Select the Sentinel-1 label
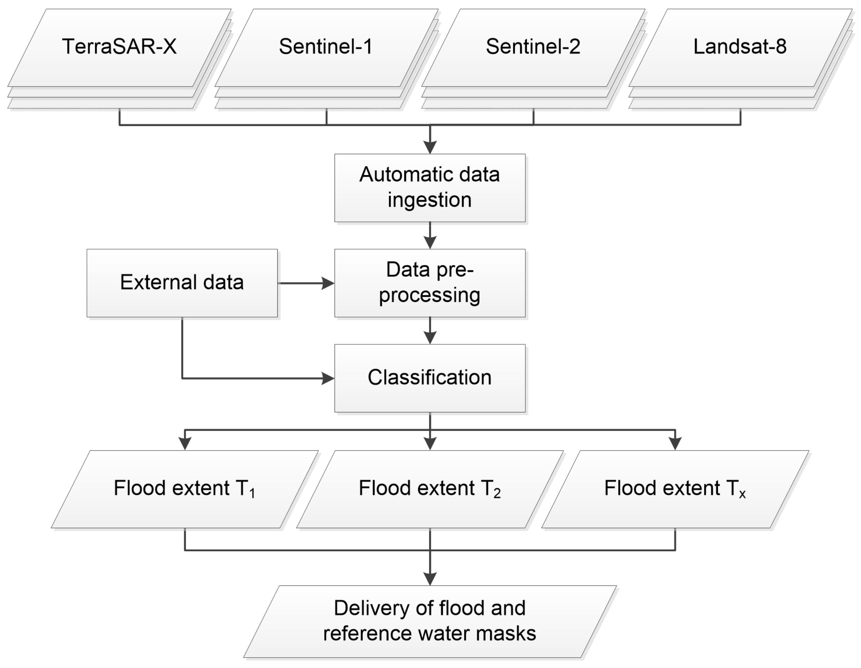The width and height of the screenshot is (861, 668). pos(326,47)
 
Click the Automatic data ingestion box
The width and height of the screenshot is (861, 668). pos(430,188)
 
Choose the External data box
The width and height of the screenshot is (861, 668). pos(182,283)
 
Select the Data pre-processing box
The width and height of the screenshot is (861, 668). pos(430,283)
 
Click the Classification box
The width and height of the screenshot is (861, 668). pos(430,378)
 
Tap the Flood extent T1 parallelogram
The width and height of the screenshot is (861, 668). pos(185,489)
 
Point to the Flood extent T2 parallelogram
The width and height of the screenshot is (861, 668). pos(430,489)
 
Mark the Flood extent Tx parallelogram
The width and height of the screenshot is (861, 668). pos(675,489)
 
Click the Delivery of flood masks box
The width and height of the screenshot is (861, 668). pos(430,621)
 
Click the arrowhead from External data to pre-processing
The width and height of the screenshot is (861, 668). pos(328,283)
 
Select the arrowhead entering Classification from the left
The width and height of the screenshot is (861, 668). pos(328,379)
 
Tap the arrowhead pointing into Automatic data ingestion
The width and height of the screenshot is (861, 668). pos(430,147)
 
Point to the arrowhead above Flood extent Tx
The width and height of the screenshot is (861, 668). pos(675,444)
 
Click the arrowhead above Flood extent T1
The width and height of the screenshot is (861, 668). pos(185,444)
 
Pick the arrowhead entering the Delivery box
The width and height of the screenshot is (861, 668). pos(430,579)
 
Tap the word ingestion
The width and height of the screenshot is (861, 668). pos(430,200)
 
